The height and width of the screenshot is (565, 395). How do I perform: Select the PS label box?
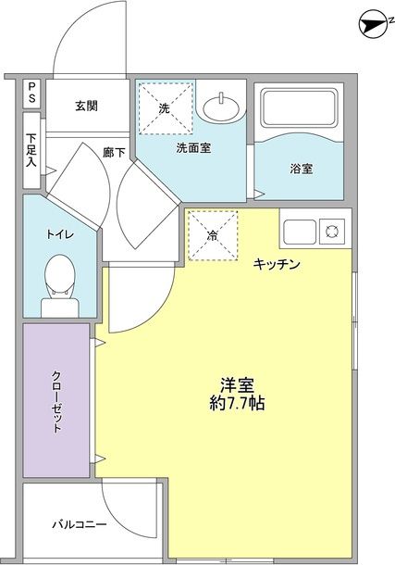tap(31, 93)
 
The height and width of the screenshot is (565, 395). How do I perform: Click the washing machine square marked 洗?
tap(165, 108)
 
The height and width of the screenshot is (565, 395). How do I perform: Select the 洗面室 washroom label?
tap(193, 146)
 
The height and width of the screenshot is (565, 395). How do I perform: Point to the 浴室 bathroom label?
tap(301, 169)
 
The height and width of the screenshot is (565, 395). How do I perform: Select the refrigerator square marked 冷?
tap(213, 235)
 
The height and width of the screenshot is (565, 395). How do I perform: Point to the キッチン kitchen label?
tap(276, 265)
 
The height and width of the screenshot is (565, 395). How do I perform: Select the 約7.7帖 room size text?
tap(238, 404)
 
